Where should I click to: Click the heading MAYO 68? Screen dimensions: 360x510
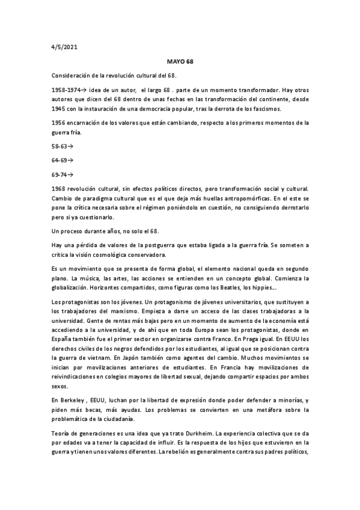(180, 61)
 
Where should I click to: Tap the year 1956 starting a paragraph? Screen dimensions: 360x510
(61, 123)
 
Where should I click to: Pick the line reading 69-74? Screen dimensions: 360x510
(62, 175)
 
